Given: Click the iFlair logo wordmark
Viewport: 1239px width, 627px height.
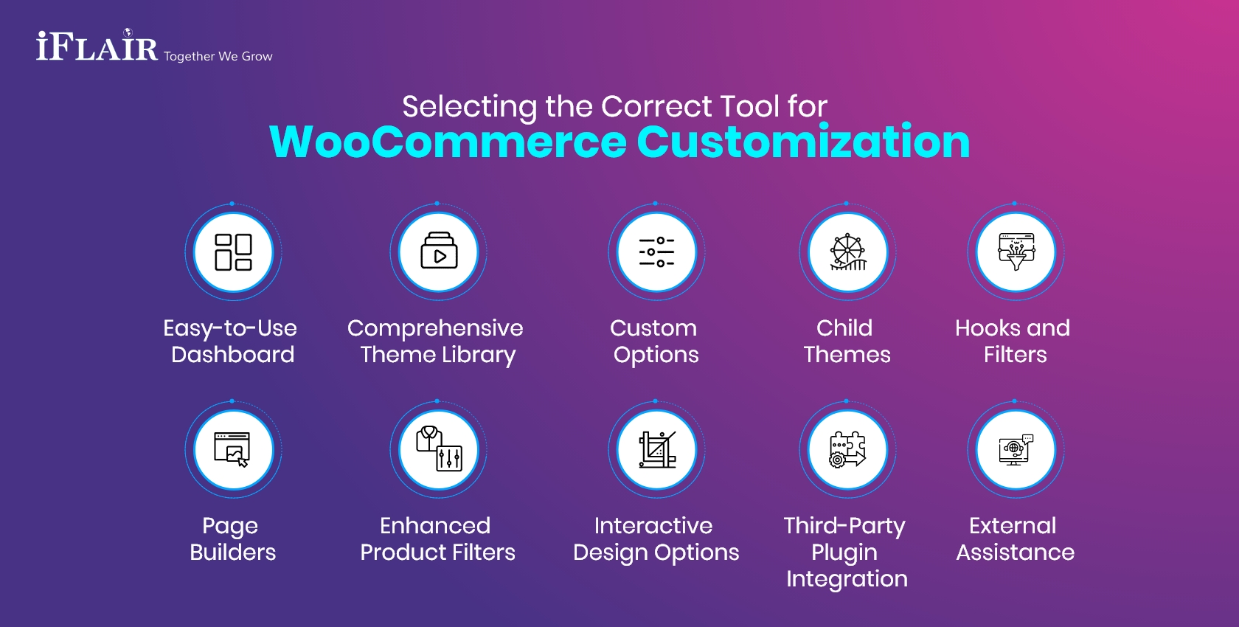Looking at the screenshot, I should tap(97, 48).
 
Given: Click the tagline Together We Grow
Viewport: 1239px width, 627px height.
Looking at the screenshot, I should tap(218, 57).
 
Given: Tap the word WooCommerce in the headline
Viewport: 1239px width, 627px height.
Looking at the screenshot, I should tap(448, 142).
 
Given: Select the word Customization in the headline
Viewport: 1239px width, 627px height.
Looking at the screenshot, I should tap(803, 142).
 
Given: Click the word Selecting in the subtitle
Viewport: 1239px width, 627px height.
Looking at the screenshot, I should tap(469, 107).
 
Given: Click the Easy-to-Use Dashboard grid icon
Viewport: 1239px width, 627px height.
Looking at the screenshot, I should tap(233, 252).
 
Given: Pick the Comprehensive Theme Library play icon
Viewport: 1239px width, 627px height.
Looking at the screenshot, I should tap(439, 252).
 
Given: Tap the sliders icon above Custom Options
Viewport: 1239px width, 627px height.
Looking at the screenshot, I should tap(656, 252).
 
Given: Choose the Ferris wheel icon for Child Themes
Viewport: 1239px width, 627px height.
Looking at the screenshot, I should tap(848, 253).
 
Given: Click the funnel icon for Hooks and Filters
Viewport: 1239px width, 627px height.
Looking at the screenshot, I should tap(1016, 252).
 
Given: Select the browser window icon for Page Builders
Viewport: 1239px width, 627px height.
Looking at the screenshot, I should tap(233, 449).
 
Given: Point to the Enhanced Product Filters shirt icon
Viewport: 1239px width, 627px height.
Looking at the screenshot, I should tap(439, 448).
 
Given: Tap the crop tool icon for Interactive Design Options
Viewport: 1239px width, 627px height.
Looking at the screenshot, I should tap(656, 449).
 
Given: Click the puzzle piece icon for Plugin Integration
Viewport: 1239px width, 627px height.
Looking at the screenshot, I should tap(848, 449).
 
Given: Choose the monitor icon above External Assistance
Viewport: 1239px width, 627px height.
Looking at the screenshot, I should tap(1016, 449).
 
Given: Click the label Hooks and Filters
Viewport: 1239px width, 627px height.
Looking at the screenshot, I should tap(1013, 341).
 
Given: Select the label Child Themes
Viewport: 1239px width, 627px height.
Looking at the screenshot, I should tap(846, 341).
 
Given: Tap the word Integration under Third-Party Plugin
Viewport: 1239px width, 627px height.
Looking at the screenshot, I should tap(847, 579).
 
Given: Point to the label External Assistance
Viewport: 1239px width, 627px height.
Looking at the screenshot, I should tap(1014, 538).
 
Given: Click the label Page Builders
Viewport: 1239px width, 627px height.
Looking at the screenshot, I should tap(232, 538).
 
